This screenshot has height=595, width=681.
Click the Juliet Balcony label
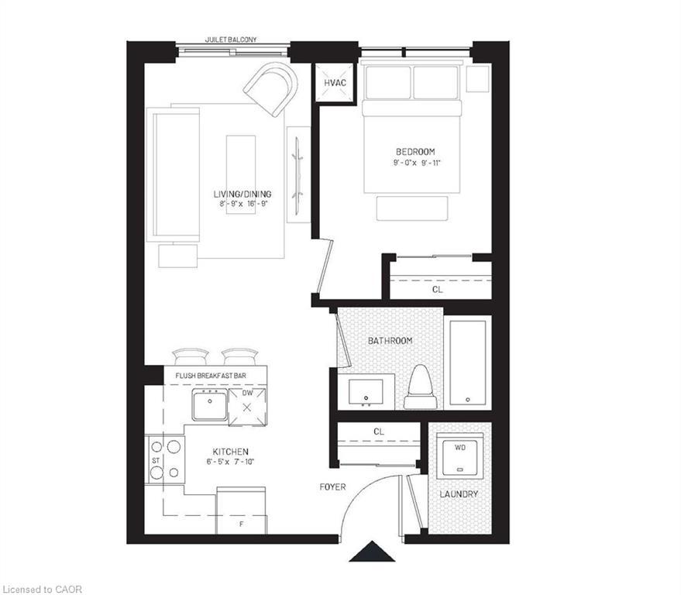(x=232, y=39)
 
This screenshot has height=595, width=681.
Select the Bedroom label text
(x=415, y=152)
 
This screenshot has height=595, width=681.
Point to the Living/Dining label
(x=242, y=194)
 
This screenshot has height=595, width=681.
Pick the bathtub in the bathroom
(x=468, y=362)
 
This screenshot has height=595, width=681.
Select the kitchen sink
(x=210, y=404)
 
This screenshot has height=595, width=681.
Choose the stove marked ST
(x=164, y=459)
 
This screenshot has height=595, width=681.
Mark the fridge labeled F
(x=242, y=511)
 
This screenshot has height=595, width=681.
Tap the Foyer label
(x=332, y=487)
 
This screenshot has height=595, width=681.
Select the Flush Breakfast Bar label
(x=211, y=376)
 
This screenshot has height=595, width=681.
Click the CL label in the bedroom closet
(x=438, y=289)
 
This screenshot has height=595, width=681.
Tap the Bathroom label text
(x=390, y=341)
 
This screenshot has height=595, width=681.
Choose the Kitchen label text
(x=231, y=452)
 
